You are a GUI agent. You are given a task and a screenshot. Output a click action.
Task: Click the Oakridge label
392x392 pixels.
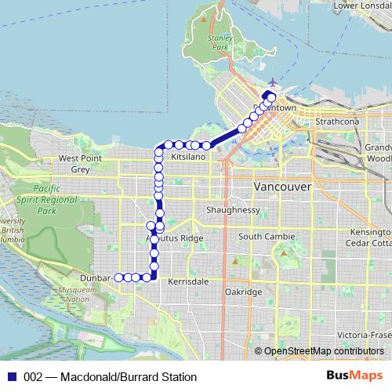(x=243, y=292)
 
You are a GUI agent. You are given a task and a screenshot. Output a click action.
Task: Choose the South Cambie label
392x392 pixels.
(x=267, y=236)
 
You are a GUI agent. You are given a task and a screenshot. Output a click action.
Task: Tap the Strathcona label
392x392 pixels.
(x=336, y=122)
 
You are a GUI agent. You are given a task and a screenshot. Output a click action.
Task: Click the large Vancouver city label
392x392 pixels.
(x=283, y=187)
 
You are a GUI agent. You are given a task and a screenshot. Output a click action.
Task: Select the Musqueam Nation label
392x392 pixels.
(x=65, y=294)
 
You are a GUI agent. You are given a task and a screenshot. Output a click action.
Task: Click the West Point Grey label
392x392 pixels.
(x=80, y=163)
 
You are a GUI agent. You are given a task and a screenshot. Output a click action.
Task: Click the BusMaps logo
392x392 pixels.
(x=356, y=376)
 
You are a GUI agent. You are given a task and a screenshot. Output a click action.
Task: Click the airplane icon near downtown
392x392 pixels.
(x=272, y=82)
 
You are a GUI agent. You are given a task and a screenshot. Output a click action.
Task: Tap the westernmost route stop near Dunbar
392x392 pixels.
(x=119, y=277)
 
